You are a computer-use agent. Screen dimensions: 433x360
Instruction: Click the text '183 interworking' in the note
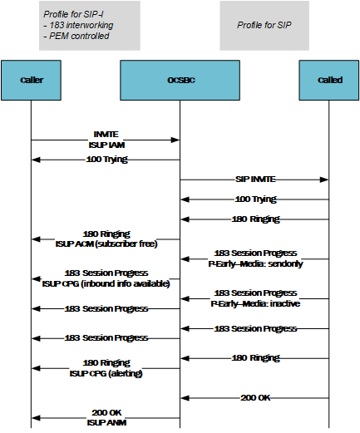[78, 25]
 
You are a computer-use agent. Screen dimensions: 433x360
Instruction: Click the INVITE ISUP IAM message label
[106, 138]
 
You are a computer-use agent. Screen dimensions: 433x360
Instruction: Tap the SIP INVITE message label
[255, 179]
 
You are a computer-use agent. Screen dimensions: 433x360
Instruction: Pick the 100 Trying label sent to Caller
[106, 159]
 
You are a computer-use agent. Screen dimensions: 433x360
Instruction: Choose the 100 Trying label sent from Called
[255, 199]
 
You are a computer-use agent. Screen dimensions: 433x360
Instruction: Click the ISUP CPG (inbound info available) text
[106, 283]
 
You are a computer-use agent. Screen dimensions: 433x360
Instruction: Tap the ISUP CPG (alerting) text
[106, 372]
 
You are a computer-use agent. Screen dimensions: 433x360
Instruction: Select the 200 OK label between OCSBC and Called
[255, 397]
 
